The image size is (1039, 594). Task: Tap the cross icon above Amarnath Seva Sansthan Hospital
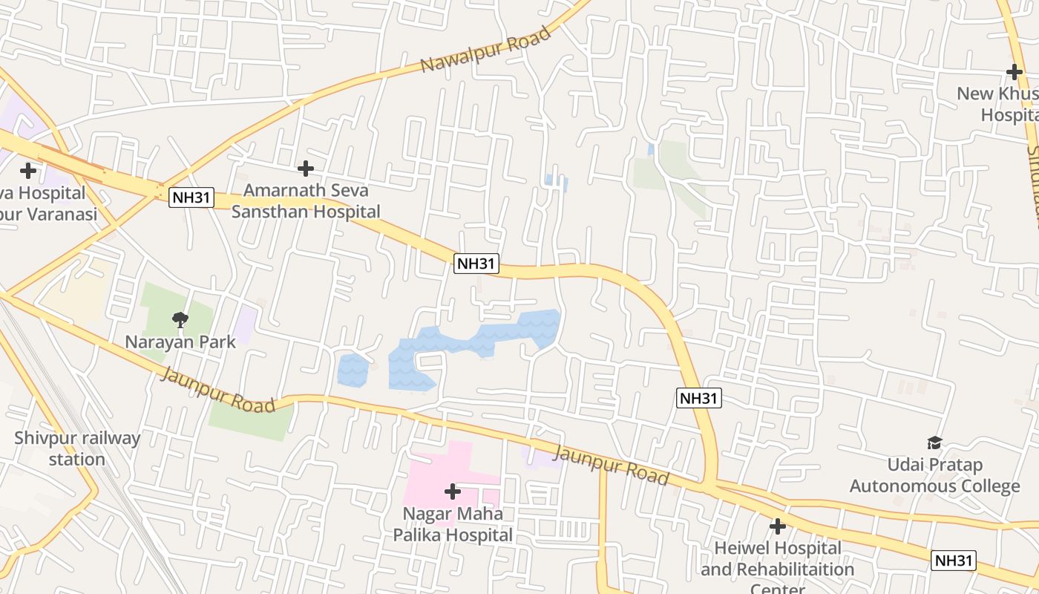[305, 169]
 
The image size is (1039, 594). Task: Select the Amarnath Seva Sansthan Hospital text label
[306, 201]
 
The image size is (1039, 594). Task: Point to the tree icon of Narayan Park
[180, 320]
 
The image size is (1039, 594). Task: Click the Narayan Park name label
[180, 342]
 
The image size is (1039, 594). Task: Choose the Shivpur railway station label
[77, 448]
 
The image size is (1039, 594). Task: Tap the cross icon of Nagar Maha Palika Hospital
[453, 491]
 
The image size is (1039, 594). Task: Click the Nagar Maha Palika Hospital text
[453, 524]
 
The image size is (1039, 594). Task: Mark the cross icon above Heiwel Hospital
[778, 526]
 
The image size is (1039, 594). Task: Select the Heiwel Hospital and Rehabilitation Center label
[777, 569]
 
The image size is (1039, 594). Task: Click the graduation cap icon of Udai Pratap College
[934, 443]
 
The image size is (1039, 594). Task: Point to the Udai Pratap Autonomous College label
[934, 476]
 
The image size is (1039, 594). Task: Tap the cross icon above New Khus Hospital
[1015, 72]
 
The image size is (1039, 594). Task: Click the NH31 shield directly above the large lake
[476, 263]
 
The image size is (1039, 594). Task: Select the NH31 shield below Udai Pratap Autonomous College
[954, 561]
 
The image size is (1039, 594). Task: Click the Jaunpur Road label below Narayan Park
[218, 389]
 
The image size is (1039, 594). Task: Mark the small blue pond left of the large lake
[353, 370]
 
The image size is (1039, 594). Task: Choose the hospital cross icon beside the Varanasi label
[28, 171]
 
